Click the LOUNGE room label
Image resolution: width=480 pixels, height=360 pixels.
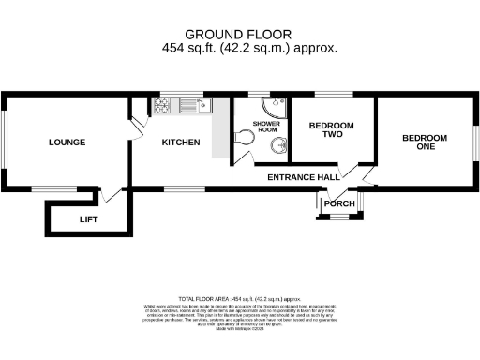click(67, 142)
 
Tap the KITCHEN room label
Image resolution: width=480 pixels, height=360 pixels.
click(181, 142)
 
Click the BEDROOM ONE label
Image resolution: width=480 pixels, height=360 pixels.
click(425, 142)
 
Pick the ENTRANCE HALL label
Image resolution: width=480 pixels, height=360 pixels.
click(303, 177)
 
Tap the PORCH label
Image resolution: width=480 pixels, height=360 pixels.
click(338, 203)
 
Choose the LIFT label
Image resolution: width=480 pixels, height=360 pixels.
click(88, 219)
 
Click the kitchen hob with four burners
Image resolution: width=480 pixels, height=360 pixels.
click(160, 106)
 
